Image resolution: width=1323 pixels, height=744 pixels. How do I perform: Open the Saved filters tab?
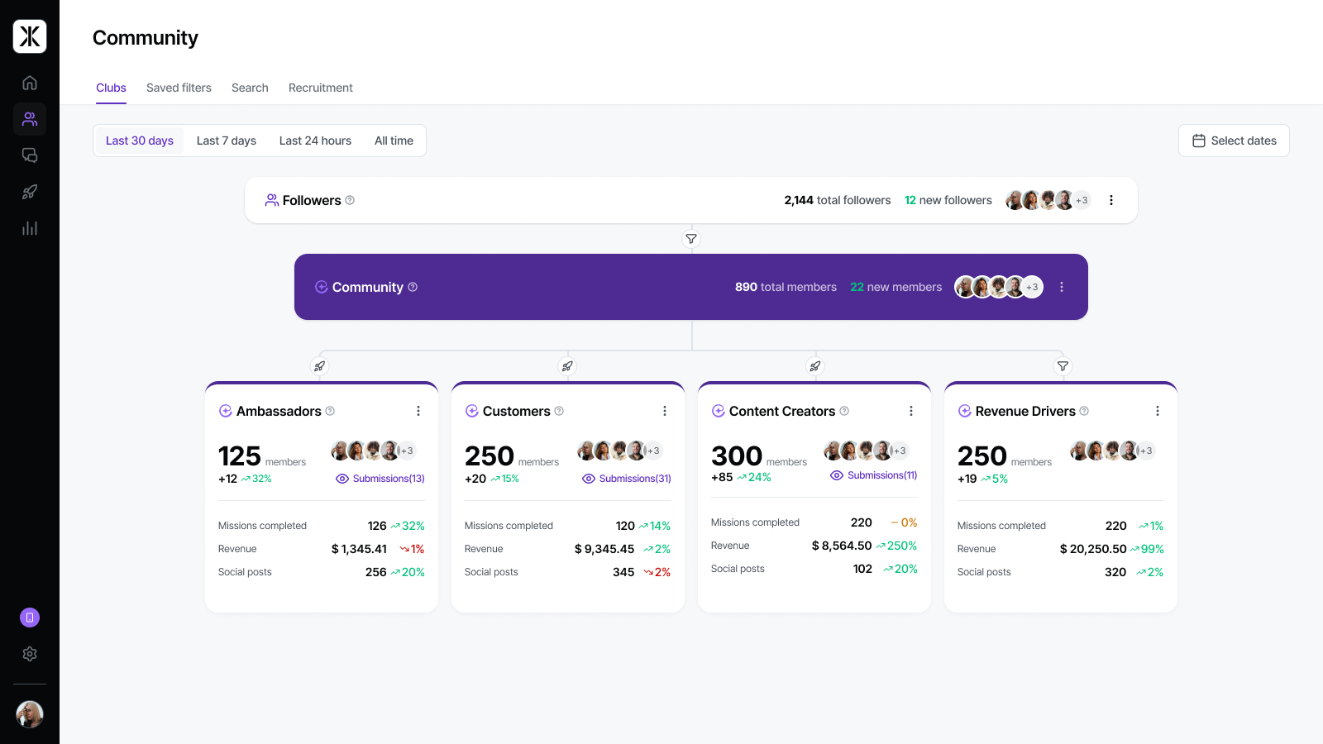click(x=179, y=88)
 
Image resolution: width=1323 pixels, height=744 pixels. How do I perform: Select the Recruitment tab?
click(x=320, y=88)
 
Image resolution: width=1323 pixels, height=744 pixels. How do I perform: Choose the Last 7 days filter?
click(x=227, y=141)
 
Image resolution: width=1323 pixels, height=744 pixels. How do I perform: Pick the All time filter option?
click(x=394, y=141)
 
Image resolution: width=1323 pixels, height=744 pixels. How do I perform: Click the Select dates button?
click(x=1234, y=141)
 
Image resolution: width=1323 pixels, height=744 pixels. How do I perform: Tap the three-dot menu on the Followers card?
click(x=1111, y=200)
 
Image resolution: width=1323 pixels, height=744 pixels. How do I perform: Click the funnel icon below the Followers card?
click(x=691, y=239)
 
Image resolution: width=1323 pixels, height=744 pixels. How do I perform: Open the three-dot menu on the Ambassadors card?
click(x=418, y=411)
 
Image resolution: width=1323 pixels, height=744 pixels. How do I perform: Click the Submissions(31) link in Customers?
click(x=627, y=479)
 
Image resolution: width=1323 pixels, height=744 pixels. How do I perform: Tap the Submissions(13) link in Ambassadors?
click(x=380, y=479)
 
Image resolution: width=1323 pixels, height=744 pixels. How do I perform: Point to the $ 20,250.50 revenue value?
click(x=1092, y=549)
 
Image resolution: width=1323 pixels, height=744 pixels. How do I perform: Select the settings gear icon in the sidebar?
click(x=30, y=654)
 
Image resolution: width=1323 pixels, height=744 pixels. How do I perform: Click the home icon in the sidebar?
click(x=30, y=83)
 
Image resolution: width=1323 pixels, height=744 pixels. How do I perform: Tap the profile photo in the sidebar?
click(x=30, y=714)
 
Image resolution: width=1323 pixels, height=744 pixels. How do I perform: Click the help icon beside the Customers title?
click(x=559, y=411)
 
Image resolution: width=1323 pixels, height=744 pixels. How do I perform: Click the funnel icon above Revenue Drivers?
click(x=1063, y=366)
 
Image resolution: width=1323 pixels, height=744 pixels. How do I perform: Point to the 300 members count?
click(x=737, y=455)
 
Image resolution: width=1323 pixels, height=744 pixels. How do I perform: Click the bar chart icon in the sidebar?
click(x=30, y=228)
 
